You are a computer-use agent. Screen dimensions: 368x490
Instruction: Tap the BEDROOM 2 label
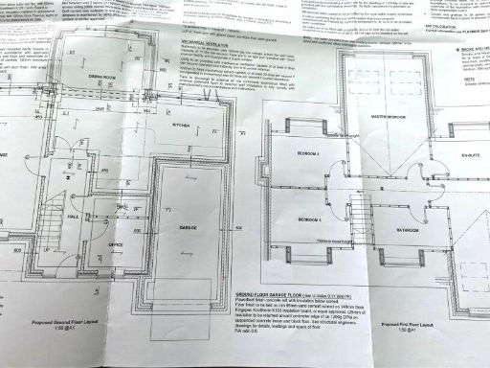point(307,154)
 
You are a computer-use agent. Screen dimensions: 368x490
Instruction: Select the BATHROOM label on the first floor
point(406,230)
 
